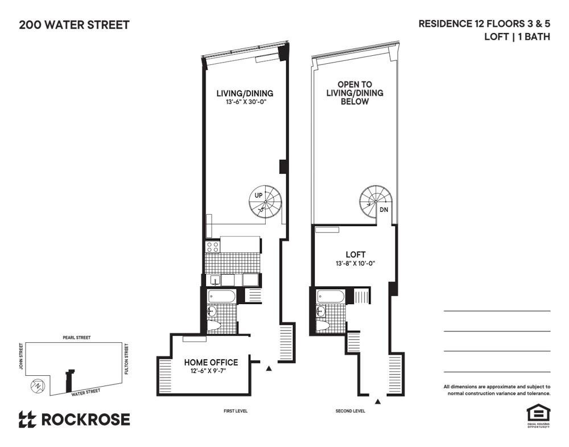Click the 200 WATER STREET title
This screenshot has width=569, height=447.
coord(74,25)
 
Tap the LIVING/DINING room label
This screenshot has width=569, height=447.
coord(245,93)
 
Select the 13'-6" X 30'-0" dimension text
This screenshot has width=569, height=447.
coord(246,102)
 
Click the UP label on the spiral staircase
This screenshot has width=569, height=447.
coord(258,195)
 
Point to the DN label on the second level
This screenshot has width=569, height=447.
coord(384,210)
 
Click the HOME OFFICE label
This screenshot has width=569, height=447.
coord(211,362)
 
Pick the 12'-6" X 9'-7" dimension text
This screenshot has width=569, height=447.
coord(208,371)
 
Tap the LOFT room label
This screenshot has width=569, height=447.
coord(355,255)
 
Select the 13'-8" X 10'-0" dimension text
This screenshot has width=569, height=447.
coord(355,263)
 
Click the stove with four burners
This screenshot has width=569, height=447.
coord(212,247)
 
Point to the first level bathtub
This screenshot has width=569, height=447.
coord(221,296)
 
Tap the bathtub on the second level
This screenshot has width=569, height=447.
coord(331,296)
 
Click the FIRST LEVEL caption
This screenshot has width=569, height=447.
coord(236,411)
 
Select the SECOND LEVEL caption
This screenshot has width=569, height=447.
coord(350,411)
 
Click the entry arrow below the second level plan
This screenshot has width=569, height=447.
coord(378,401)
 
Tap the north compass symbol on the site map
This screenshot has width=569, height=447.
coord(37,386)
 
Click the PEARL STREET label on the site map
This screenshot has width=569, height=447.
coord(77,338)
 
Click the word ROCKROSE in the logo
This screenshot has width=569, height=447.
coord(86,420)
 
